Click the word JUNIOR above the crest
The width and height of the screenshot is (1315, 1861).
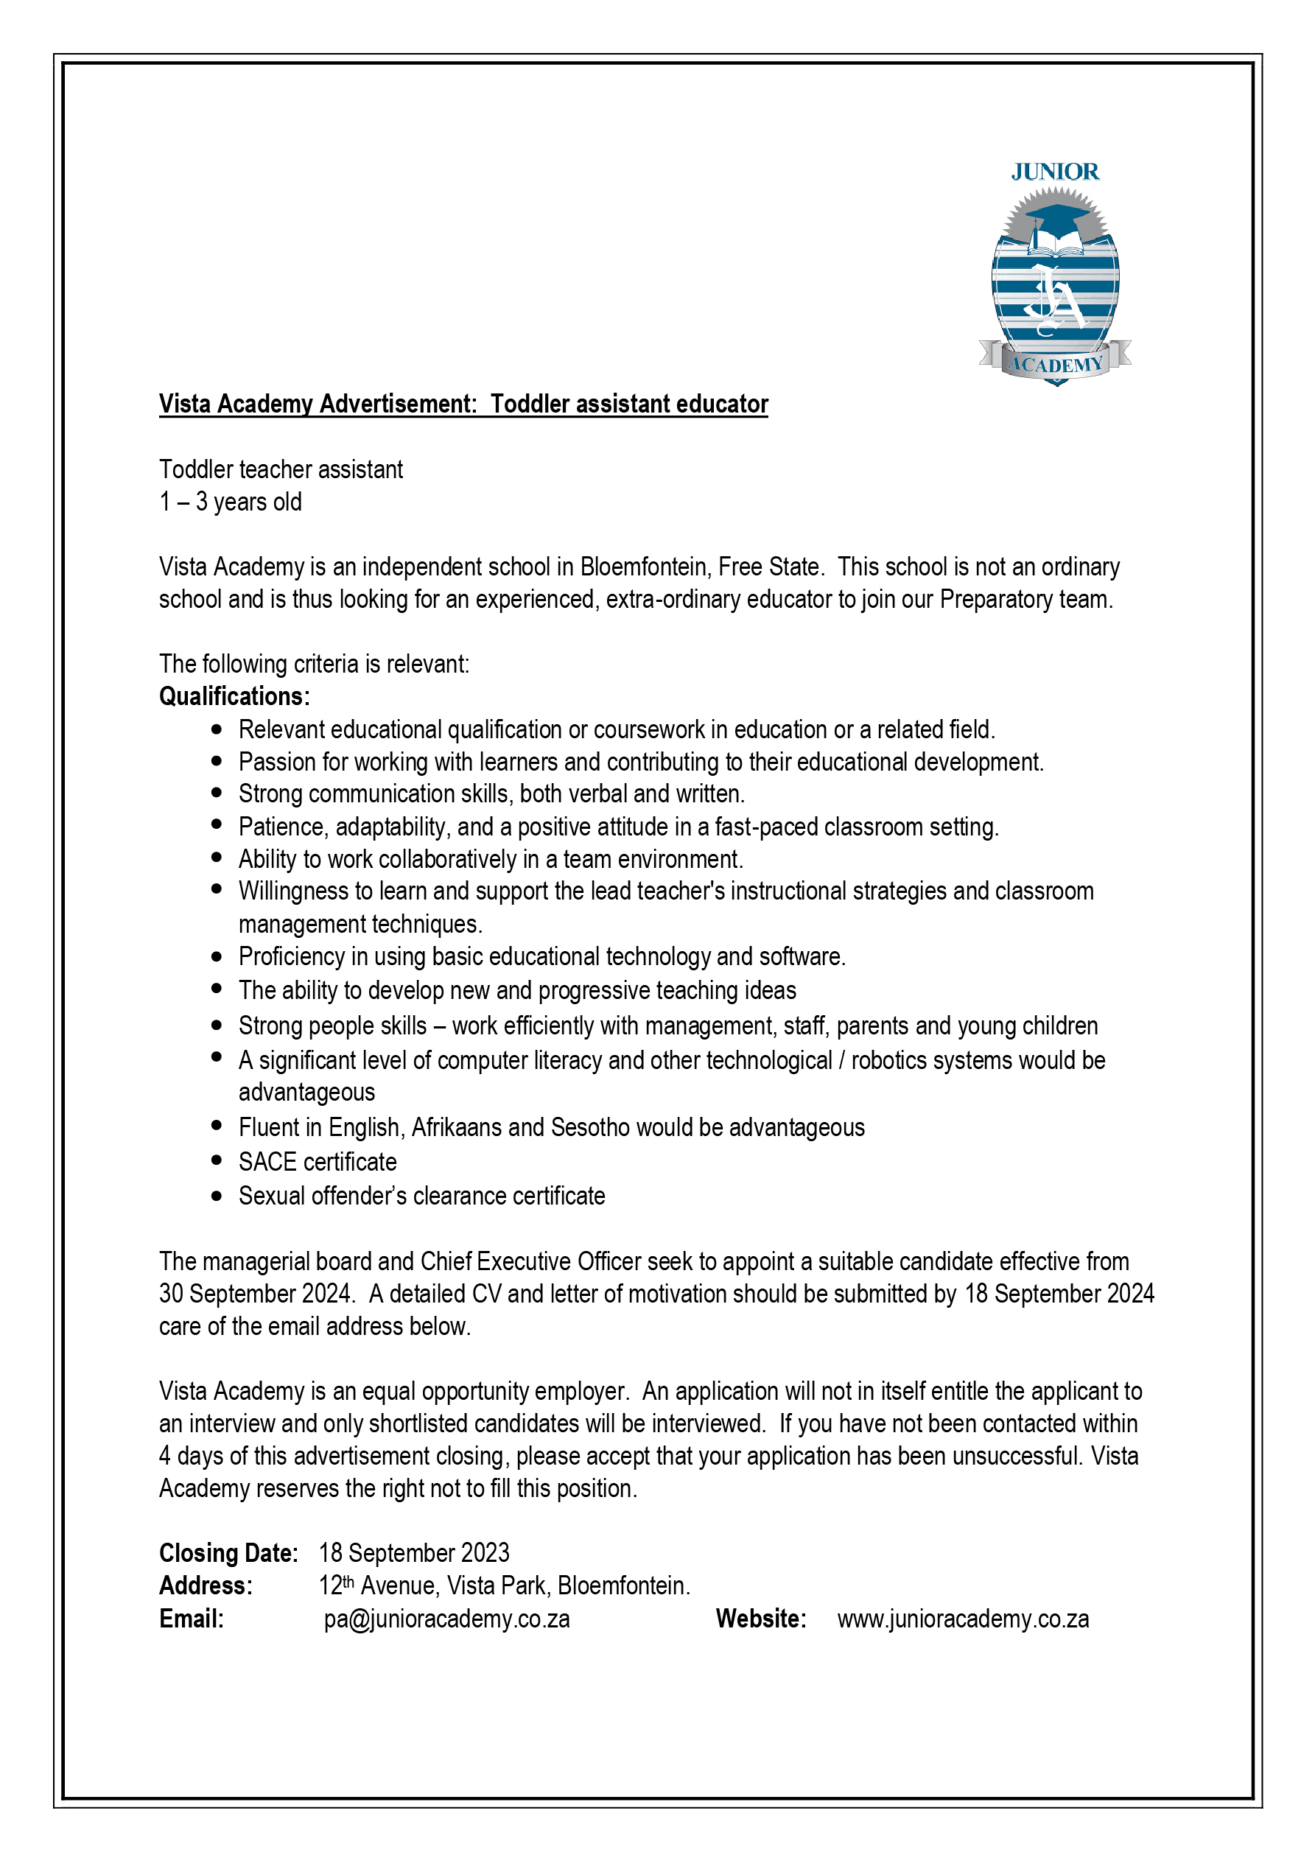click(1054, 172)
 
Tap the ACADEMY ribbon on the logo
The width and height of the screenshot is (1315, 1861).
click(1055, 364)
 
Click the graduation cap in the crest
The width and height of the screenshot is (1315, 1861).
click(1056, 217)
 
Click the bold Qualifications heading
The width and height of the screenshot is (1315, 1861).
click(234, 696)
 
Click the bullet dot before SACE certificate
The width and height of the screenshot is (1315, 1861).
click(217, 1160)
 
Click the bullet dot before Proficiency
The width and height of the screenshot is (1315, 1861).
click(217, 956)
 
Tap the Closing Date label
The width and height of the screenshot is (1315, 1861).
click(228, 1553)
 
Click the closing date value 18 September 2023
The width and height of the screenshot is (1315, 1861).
click(414, 1553)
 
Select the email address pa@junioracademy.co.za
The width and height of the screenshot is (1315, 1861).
click(446, 1619)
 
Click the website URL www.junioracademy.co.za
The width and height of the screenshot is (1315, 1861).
click(962, 1619)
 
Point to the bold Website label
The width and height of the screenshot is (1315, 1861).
click(760, 1619)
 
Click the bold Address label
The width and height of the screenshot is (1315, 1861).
click(206, 1585)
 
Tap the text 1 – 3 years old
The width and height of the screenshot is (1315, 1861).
click(231, 502)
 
